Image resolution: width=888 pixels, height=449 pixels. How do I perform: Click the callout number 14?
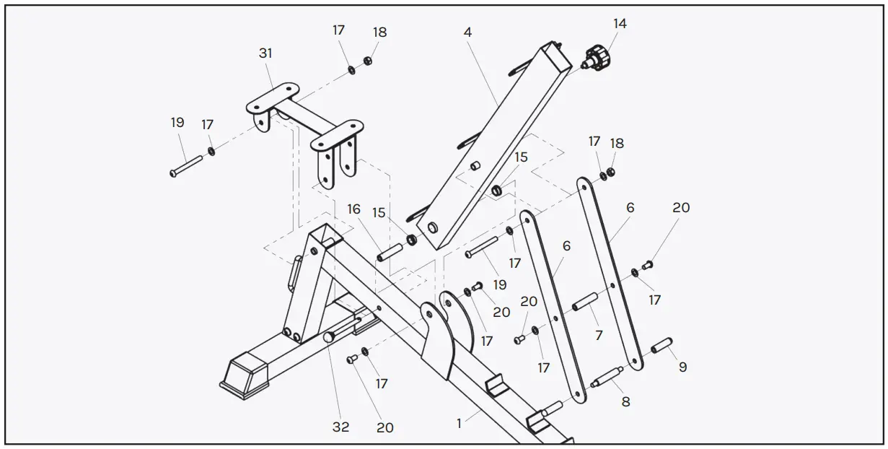pyautogui.click(x=619, y=23)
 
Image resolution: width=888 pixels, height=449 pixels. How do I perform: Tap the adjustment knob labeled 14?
pyautogui.click(x=597, y=57)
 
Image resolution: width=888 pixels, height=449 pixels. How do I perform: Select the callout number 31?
pyautogui.click(x=265, y=53)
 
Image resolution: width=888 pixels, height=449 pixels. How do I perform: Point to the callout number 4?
pyautogui.click(x=467, y=32)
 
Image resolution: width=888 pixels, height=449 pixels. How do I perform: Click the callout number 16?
pyautogui.click(x=353, y=209)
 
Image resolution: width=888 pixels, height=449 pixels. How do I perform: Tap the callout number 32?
pyautogui.click(x=340, y=427)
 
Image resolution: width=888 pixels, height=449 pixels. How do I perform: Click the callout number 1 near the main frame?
pyautogui.click(x=459, y=424)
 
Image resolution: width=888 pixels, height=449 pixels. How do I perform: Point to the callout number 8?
pyautogui.click(x=625, y=401)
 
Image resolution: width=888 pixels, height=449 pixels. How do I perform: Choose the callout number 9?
pyautogui.click(x=682, y=367)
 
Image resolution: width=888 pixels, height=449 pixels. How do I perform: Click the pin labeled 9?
pyautogui.click(x=662, y=346)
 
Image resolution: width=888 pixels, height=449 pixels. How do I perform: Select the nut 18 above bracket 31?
pyautogui.click(x=366, y=61)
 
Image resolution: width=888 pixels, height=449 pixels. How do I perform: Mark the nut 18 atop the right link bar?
pyautogui.click(x=610, y=173)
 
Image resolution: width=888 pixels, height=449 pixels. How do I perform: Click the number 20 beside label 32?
pyautogui.click(x=385, y=427)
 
